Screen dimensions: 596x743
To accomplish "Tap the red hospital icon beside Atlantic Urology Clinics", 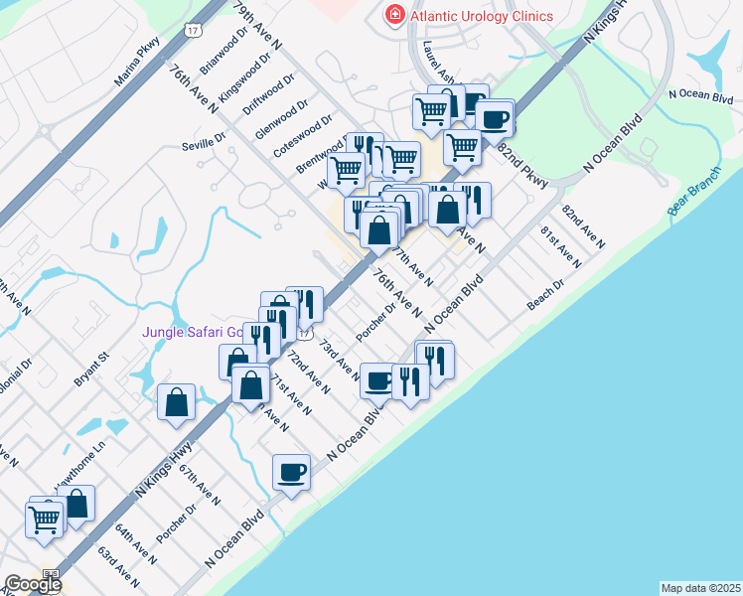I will pyautogui.click(x=394, y=15).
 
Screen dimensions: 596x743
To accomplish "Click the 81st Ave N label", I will pyautogui.click(x=560, y=246).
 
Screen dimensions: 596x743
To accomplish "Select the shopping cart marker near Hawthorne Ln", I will pyautogui.click(x=45, y=517).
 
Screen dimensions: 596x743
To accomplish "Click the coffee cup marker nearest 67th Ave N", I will pyautogui.click(x=292, y=471).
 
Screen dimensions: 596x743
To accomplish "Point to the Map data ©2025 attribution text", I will pyautogui.click(x=700, y=588).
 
